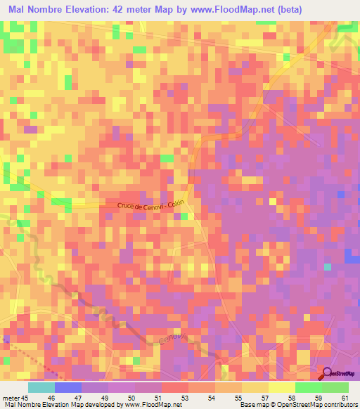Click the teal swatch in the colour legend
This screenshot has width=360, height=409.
[x=41, y=387]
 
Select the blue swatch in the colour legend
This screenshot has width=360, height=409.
[x=68, y=387]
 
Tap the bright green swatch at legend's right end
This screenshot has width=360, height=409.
[x=335, y=387]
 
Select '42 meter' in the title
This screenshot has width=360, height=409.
[x=143, y=8]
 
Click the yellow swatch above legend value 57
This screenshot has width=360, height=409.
[x=255, y=387]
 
